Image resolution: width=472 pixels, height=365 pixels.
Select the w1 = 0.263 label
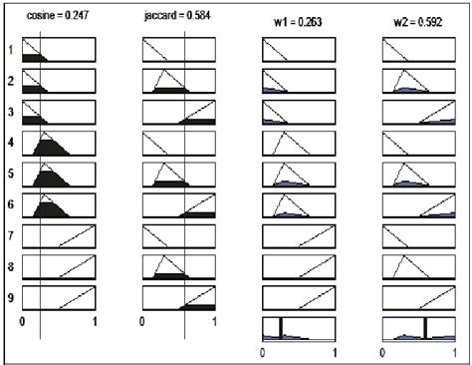pos(300,21)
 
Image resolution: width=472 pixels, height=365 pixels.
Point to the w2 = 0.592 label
pos(418,21)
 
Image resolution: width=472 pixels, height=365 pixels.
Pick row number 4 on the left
pos(10,144)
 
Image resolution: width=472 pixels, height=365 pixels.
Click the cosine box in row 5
pos(59,176)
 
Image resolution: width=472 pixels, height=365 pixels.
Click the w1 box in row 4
pos(299,145)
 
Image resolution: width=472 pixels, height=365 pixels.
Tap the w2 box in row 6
pos(418,206)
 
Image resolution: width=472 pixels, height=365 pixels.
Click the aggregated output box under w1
pos(299,329)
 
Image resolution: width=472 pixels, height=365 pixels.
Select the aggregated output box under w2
pos(418,329)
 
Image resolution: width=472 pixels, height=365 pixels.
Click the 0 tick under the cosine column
pos(23,322)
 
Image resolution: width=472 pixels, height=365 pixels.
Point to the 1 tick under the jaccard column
pos(215,322)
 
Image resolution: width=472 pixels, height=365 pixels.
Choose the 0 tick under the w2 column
pos(383,352)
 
